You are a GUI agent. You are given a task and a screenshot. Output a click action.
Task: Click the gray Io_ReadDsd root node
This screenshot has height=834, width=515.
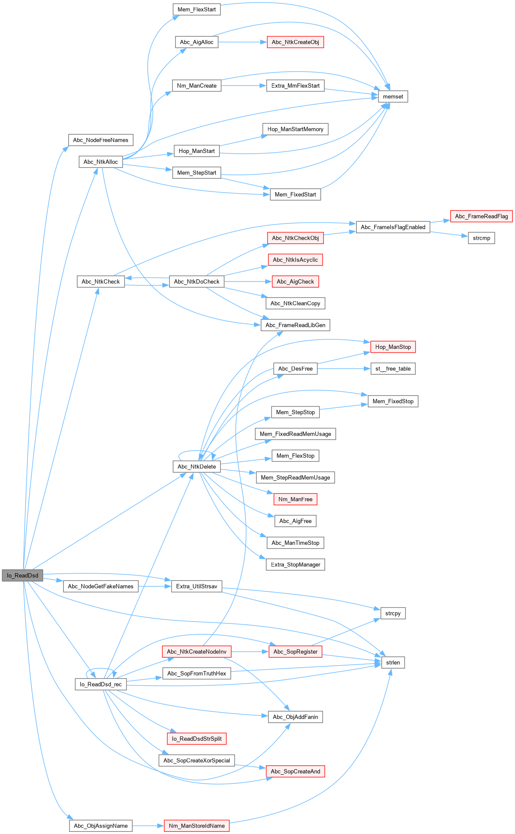click(x=22, y=575)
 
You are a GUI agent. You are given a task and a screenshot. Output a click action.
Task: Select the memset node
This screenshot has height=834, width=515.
click(x=393, y=97)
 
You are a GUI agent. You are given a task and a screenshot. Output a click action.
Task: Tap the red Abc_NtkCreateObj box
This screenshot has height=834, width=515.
click(x=295, y=42)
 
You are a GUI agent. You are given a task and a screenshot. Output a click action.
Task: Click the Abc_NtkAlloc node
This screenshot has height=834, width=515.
click(x=101, y=162)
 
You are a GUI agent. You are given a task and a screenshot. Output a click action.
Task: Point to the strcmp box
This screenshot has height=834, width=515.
click(x=481, y=238)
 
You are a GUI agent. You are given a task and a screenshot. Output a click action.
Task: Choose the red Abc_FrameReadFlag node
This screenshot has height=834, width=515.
click(x=481, y=216)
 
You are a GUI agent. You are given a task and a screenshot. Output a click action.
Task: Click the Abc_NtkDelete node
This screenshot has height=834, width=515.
click(x=197, y=467)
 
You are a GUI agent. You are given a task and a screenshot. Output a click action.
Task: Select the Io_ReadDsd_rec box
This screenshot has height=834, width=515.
click(x=101, y=684)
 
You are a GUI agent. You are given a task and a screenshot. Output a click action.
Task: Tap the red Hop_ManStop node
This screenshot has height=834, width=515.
click(x=393, y=347)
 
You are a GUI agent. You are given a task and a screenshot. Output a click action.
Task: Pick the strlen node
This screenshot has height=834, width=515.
click(x=393, y=663)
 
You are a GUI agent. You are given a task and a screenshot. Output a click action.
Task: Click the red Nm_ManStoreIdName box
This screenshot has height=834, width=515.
click(x=197, y=826)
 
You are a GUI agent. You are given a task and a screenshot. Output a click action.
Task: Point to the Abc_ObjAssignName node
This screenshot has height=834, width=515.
click(x=101, y=826)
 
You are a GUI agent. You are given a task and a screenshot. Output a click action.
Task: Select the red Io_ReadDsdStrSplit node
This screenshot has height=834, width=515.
click(x=197, y=739)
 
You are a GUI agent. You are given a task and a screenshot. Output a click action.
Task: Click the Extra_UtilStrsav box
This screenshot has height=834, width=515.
click(x=197, y=587)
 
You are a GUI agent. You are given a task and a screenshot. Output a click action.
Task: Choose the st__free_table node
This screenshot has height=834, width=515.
click(x=393, y=369)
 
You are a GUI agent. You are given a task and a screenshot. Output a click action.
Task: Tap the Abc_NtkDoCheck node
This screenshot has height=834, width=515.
click(x=197, y=282)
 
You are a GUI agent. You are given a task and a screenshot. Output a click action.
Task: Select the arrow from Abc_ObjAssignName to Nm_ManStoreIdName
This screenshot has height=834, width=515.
click(x=148, y=826)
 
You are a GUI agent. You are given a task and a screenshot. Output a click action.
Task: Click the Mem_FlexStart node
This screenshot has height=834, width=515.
click(x=197, y=9)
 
